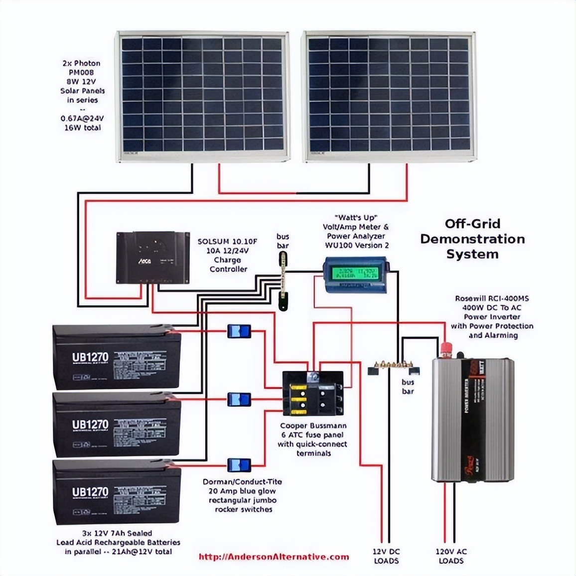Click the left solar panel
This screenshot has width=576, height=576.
[x=203, y=96]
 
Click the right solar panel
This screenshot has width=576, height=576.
[x=389, y=96]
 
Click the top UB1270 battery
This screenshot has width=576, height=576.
[x=117, y=357]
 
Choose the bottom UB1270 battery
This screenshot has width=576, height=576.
[x=117, y=492]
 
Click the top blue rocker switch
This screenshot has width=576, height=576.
[x=239, y=331]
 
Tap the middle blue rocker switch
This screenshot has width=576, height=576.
[x=239, y=399]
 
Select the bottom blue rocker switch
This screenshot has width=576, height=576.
[x=239, y=465]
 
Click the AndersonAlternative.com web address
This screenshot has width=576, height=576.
[x=274, y=557]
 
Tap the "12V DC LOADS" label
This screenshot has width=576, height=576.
[x=386, y=556]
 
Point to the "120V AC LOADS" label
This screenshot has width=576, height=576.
[x=451, y=556]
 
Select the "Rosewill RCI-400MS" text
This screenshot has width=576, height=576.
[x=491, y=298]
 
